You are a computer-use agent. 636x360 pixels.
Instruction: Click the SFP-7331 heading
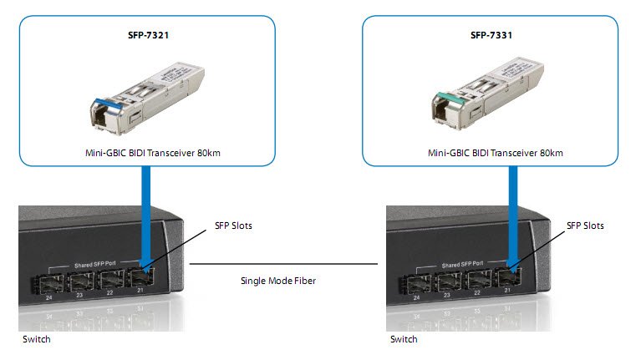[491, 38]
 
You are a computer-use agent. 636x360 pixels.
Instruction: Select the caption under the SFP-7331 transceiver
[496, 153]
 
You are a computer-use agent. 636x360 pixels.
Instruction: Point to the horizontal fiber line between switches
[284, 265]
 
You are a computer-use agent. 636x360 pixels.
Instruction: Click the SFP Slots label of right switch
[585, 226]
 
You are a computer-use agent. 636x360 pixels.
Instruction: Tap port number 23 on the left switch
[80, 295]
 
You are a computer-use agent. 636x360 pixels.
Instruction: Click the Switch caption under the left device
[35, 340]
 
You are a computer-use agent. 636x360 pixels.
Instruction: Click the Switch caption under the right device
[404, 340]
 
